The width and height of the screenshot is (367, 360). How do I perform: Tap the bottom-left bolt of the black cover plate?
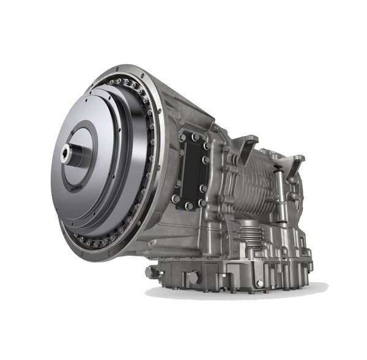(x=176, y=198)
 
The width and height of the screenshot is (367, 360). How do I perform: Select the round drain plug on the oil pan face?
(x=195, y=277)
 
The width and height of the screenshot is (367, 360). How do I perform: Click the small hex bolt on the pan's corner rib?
(x=259, y=283)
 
